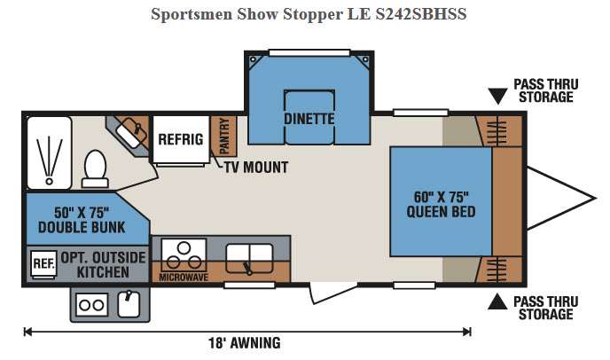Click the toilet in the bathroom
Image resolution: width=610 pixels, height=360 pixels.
[95, 168]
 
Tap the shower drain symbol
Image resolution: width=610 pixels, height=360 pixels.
[49, 182]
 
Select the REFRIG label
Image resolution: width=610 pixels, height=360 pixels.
[181, 139]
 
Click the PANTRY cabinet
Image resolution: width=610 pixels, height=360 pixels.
[223, 136]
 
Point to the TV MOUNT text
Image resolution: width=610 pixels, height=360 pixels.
[256, 168]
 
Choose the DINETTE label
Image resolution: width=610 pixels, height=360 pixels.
[309, 119]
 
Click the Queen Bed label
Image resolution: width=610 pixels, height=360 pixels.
[441, 204]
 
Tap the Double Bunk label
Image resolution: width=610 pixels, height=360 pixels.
[82, 220]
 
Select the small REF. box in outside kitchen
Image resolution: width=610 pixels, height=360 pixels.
[43, 264]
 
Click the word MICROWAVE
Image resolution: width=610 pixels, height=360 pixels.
[184, 278]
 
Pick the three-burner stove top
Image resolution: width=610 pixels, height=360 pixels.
[184, 255]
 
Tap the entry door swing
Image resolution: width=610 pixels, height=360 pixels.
[333, 293]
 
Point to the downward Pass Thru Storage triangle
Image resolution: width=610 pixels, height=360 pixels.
[497, 96]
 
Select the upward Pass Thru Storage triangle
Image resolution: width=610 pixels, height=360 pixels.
[497, 301]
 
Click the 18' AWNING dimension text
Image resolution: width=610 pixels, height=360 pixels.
[245, 343]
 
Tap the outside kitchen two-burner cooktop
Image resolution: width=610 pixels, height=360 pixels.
[92, 305]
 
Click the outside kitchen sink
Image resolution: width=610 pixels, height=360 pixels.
[129, 304]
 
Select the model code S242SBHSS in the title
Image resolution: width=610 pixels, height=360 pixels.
[421, 14]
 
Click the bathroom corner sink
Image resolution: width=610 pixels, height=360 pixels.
[131, 131]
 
